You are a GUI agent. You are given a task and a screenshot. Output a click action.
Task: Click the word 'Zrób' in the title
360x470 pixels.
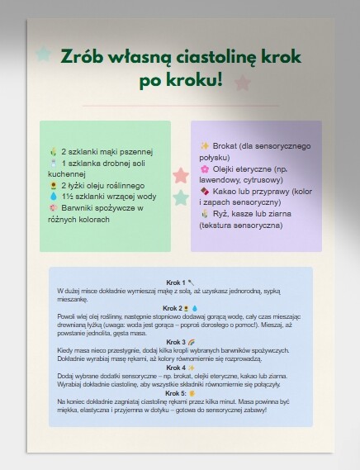(80, 58)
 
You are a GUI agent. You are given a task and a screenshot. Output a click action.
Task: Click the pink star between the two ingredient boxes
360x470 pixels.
(181, 176)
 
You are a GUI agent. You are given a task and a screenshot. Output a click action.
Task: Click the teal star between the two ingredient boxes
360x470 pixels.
(180, 197)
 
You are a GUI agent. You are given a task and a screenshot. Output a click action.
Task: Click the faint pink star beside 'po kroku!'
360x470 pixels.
(242, 82)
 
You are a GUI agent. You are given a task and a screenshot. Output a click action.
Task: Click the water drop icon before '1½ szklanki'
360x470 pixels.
(54, 197)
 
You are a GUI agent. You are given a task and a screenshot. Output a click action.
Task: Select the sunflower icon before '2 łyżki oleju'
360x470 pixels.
(54, 185)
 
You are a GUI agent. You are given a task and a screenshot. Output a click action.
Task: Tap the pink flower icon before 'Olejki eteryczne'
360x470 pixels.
(205, 169)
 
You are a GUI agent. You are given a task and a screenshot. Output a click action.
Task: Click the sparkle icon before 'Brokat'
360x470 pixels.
(205, 145)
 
